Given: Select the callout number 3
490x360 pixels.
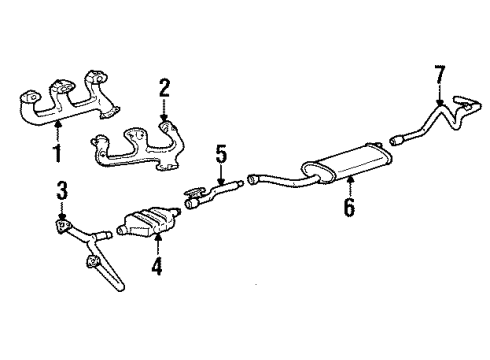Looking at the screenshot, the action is (61, 189).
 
